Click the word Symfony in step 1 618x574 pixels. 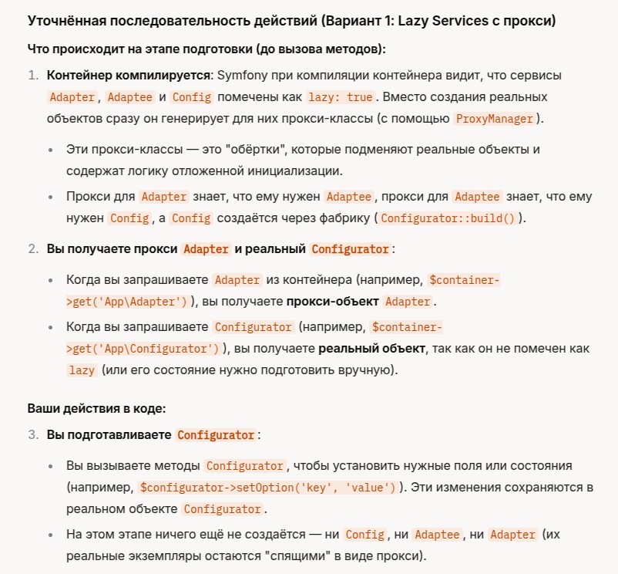tap(239, 76)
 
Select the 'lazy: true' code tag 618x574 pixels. tap(340, 97)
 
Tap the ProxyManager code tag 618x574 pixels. tap(494, 118)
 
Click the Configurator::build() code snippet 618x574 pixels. tap(447, 218)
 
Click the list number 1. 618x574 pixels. tap(32, 76)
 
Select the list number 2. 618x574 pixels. tap(32, 249)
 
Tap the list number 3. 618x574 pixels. tap(32, 434)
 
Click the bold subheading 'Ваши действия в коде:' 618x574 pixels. tap(95, 407)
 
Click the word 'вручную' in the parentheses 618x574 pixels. tap(367, 370)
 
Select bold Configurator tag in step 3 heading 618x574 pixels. tap(216, 434)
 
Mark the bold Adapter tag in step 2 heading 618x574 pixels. tap(206, 249)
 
